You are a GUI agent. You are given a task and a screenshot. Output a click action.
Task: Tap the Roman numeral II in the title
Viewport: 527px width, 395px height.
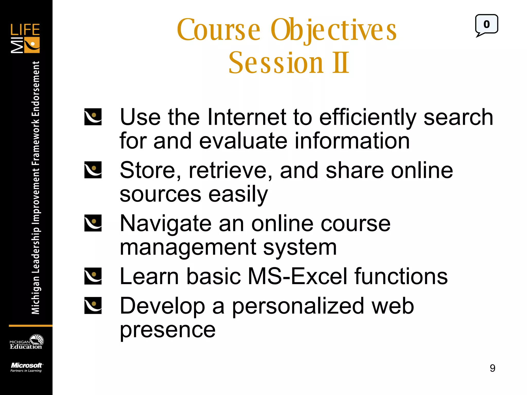[340, 62]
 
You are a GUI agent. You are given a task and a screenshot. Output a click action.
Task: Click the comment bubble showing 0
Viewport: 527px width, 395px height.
[486, 25]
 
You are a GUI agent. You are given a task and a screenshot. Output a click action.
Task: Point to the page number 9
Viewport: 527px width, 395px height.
[492, 368]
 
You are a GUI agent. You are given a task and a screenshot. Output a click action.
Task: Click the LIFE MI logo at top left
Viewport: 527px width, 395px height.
[25, 38]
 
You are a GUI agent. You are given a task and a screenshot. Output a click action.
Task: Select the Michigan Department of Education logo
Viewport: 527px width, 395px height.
[26, 342]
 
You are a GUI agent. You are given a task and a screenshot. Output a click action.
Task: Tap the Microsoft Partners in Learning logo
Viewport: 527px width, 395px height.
[26, 367]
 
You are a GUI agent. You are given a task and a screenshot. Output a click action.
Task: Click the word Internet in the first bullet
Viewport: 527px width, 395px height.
[247, 117]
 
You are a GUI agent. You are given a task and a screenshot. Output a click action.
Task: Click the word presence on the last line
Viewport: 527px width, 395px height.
[168, 330]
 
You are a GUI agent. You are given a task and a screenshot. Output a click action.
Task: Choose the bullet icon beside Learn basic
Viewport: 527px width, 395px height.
[93, 276]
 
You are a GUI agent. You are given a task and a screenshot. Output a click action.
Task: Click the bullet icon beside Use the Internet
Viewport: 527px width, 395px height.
[93, 117]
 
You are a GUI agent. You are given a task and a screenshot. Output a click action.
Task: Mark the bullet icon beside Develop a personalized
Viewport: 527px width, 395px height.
[93, 306]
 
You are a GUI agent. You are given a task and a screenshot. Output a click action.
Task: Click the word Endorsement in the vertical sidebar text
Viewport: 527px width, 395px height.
[36, 89]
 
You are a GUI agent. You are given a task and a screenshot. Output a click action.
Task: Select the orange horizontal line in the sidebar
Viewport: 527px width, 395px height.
[30, 326]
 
